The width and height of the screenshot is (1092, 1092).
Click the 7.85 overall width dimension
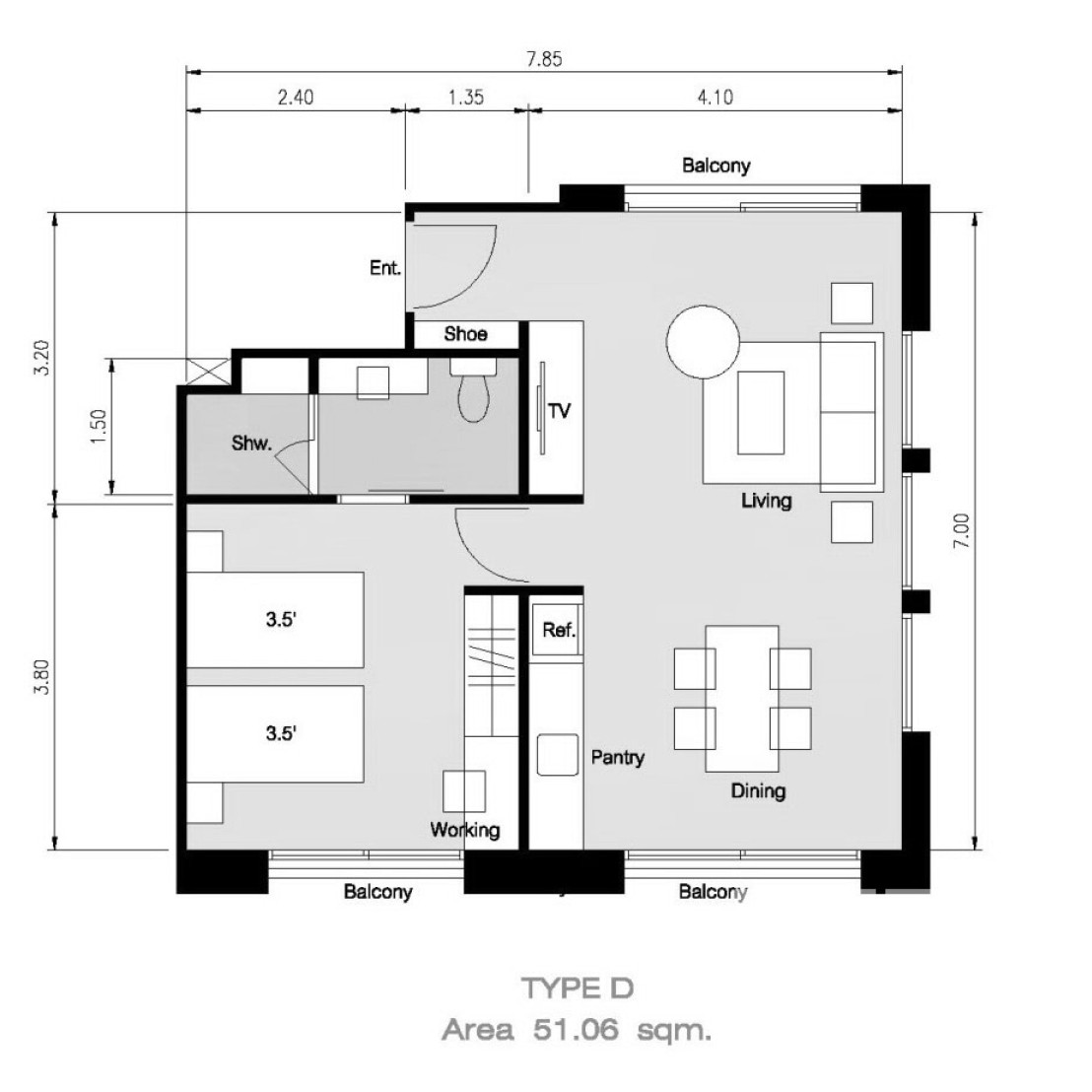click(544, 59)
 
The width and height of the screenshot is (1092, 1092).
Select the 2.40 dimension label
click(296, 97)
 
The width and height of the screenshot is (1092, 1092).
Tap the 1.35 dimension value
click(466, 97)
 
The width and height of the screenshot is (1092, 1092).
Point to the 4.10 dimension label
click(716, 97)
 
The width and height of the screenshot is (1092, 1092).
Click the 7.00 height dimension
click(961, 530)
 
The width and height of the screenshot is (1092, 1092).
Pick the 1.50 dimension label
click(99, 427)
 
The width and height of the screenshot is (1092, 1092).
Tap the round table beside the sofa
click(703, 342)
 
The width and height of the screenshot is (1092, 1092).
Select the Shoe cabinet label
click(465, 334)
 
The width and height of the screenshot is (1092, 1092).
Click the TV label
click(559, 411)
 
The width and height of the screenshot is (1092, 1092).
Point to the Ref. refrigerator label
click(559, 631)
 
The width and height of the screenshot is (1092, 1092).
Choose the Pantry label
click(618, 758)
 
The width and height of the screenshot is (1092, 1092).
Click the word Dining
click(759, 791)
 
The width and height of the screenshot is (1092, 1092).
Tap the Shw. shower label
click(251, 443)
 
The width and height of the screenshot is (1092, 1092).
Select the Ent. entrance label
click(385, 268)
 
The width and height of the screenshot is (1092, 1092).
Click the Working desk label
click(464, 830)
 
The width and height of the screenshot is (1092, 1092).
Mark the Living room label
click(766, 501)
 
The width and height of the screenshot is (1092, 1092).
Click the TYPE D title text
click(578, 989)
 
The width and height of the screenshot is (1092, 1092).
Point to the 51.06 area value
click(576, 1029)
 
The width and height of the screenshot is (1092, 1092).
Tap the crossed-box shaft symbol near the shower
click(208, 371)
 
